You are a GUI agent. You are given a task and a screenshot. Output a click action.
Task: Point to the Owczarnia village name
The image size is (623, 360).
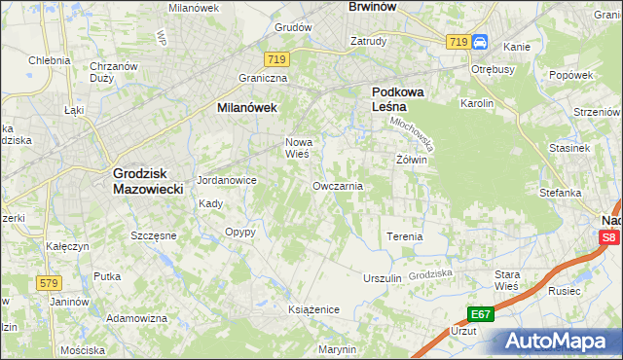click(338, 185)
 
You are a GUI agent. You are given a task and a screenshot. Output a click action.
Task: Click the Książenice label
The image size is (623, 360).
click(312, 308)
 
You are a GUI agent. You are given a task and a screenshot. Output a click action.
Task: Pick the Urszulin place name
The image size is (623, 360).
click(383, 278)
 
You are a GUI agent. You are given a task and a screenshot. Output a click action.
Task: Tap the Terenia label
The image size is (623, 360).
click(405, 236)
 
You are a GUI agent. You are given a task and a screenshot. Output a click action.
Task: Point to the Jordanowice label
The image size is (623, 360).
click(226, 180)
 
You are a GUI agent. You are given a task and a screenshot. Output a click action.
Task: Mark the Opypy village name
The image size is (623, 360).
click(239, 232)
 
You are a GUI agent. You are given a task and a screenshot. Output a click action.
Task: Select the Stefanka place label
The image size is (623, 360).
click(561, 193)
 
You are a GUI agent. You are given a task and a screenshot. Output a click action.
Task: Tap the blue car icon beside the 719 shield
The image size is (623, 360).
click(480, 42)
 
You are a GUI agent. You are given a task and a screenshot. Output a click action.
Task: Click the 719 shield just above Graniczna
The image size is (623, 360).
click(278, 59)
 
